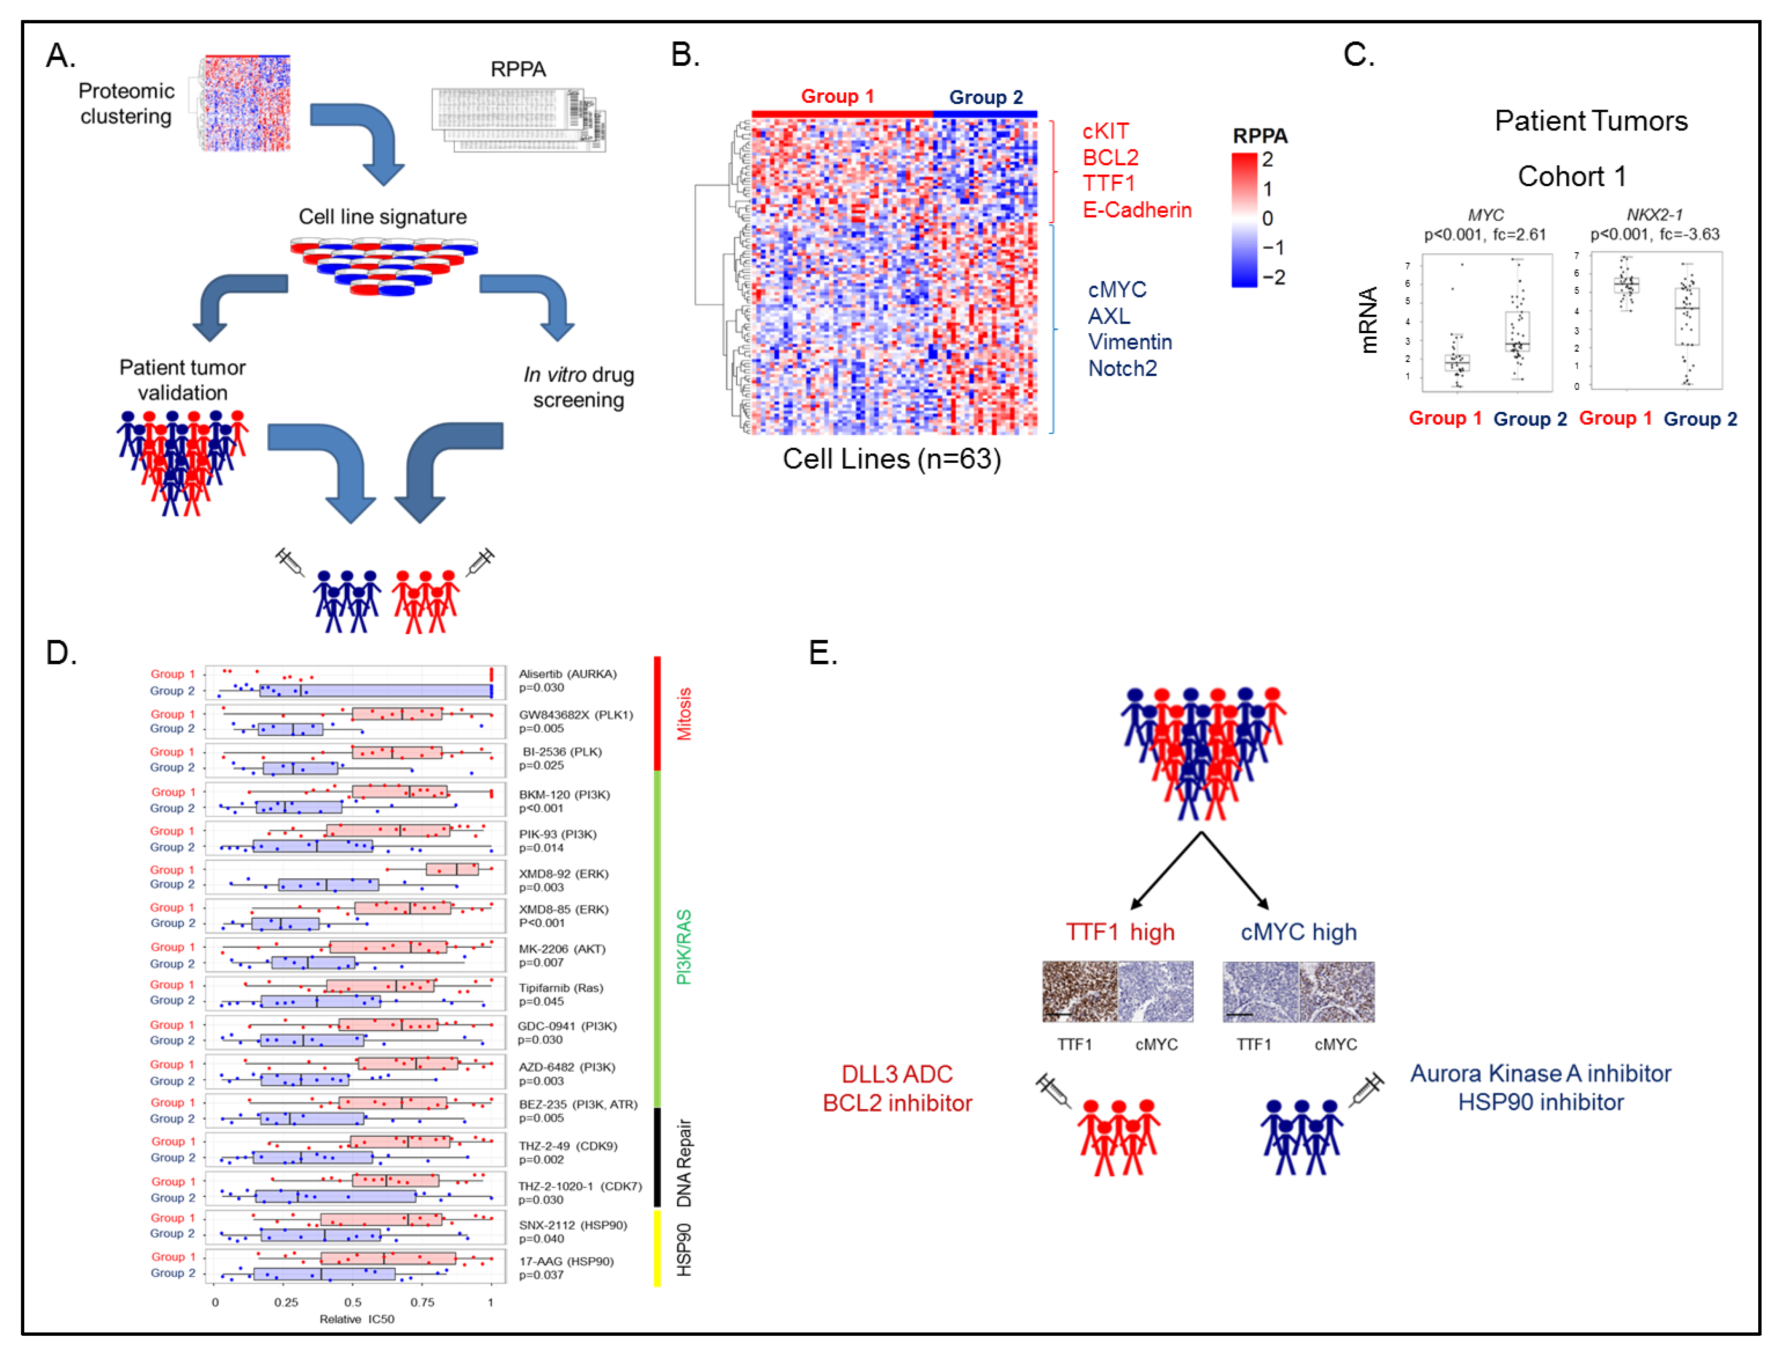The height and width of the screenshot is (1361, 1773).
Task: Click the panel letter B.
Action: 685,55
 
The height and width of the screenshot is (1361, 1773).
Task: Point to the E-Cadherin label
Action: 1136,210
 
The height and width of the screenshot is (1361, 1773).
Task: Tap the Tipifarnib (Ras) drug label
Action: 561,987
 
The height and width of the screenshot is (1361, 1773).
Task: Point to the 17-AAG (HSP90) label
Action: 566,1262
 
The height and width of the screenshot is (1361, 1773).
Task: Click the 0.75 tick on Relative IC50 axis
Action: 421,1302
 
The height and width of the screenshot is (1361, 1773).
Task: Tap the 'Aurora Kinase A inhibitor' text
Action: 1540,1073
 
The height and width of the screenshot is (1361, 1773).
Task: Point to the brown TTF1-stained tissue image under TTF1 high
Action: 1079,992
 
